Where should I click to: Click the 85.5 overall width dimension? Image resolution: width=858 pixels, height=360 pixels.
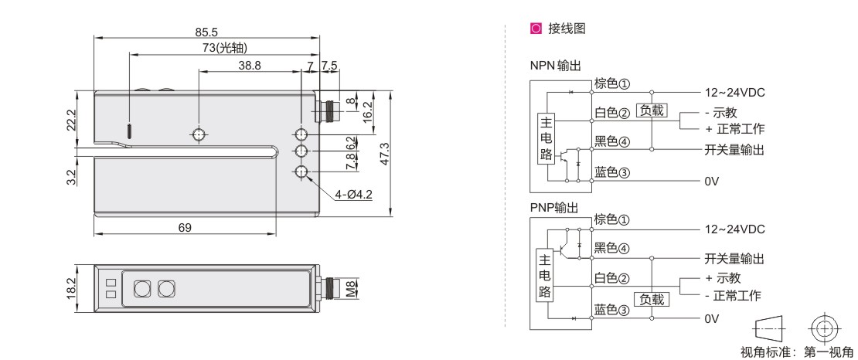(x=207, y=32)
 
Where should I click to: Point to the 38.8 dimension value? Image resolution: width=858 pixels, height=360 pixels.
(x=249, y=66)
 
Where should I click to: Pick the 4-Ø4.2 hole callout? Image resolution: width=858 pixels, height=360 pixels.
(x=353, y=193)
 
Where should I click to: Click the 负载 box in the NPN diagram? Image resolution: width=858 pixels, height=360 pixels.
(x=650, y=110)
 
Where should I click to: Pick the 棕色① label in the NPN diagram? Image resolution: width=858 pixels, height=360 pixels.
(x=612, y=83)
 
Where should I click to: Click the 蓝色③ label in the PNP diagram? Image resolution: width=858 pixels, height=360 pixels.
(x=612, y=311)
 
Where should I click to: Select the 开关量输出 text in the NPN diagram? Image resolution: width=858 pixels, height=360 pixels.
(x=734, y=149)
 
